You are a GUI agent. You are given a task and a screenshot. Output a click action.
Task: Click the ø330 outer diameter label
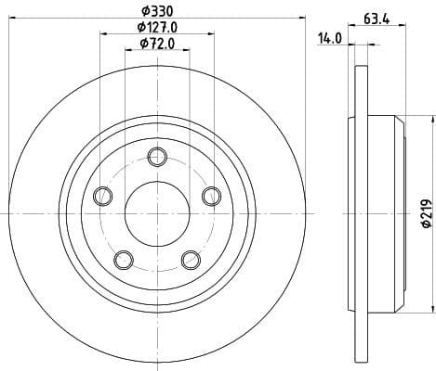pyautogui.click(x=156, y=11)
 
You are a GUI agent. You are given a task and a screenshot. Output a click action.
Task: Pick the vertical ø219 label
pyautogui.click(x=426, y=215)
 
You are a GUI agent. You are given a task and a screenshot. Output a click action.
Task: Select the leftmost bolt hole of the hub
pyautogui.click(x=102, y=195)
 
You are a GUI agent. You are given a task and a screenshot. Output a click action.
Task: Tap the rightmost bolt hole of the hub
pyautogui.click(x=211, y=195)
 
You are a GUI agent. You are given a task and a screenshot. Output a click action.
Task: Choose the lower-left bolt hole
pyautogui.click(x=123, y=259)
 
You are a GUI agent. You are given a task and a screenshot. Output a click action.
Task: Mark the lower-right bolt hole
pyautogui.click(x=190, y=259)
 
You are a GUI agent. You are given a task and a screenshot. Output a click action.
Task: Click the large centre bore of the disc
pyautogui.click(x=156, y=213)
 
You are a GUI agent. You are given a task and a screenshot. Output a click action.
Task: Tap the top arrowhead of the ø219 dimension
pyautogui.click(x=432, y=119)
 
